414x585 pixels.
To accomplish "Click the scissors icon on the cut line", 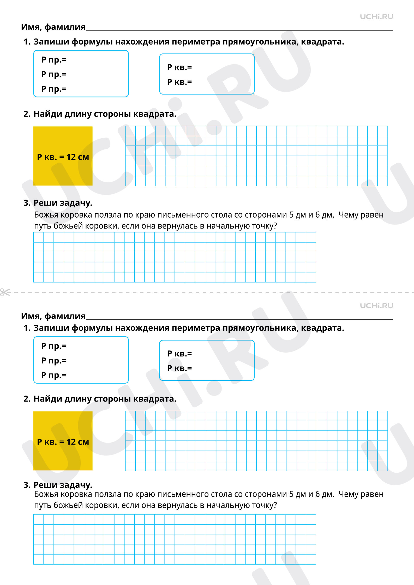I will coord(5,292).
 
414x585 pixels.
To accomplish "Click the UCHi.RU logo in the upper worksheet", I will coord(376,17).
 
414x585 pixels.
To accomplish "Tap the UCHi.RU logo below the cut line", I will coord(376,306).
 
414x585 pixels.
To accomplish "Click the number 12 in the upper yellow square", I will coord(71,157).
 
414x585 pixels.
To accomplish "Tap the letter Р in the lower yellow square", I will coord(40,442).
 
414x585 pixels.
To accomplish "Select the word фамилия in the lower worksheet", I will coord(65,316).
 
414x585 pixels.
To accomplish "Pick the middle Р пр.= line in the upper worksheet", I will coord(54,75).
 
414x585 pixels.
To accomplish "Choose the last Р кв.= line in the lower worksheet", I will coord(179,368).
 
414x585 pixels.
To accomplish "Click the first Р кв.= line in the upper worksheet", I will coord(179,67).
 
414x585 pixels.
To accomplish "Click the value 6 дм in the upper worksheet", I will coord(324,215).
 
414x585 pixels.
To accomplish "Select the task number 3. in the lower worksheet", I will coord(27,485).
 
